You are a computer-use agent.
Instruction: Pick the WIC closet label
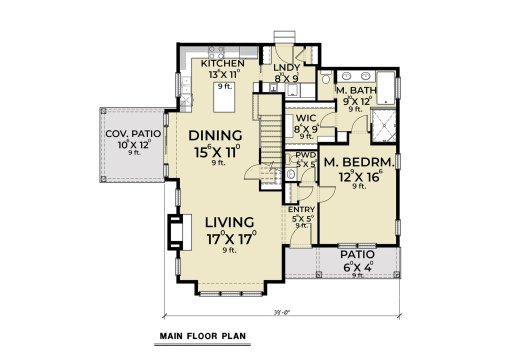coord(301,117)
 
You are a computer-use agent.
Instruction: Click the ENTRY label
coord(302,209)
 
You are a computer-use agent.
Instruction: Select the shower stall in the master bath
coord(380,124)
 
